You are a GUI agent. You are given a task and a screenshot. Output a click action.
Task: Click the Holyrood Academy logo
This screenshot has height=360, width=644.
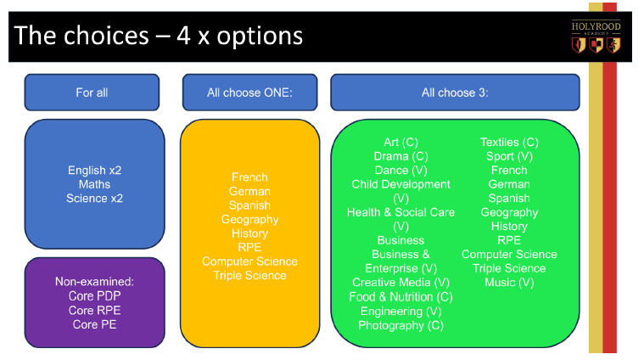click(x=596, y=37)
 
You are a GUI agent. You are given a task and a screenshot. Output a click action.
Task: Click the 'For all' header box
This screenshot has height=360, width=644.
click(x=92, y=93)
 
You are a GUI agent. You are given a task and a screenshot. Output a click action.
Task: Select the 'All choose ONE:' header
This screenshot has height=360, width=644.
click(x=249, y=93)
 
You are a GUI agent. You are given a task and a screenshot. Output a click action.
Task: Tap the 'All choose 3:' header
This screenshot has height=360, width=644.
click(x=455, y=93)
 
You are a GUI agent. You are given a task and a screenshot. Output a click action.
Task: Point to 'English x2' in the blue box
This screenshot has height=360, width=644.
click(x=94, y=170)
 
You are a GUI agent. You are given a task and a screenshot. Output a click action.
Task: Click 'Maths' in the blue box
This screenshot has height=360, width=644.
click(x=94, y=184)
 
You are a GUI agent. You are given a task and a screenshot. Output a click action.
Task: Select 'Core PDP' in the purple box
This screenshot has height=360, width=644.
click(x=94, y=295)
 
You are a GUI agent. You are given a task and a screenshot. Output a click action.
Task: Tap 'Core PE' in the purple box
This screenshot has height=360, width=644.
click(x=94, y=324)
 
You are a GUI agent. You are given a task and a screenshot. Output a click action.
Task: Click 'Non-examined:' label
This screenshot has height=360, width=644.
click(x=94, y=282)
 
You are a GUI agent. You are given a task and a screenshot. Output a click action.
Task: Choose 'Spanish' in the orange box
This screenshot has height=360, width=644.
click(x=249, y=205)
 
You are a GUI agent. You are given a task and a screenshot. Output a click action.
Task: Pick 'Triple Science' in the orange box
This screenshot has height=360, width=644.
click(x=249, y=275)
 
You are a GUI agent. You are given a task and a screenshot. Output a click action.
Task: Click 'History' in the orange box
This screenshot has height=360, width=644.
click(x=249, y=233)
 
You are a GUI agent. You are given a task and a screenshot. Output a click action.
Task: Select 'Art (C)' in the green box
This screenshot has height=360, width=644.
click(x=400, y=142)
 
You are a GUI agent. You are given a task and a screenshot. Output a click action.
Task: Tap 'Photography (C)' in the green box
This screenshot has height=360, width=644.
click(x=400, y=325)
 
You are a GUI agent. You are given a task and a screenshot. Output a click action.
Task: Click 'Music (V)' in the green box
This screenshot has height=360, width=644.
click(x=509, y=283)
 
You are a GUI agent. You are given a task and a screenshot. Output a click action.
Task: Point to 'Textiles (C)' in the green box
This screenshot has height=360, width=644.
click(x=509, y=142)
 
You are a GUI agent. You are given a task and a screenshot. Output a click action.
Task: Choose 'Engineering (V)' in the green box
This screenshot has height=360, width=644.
click(x=400, y=311)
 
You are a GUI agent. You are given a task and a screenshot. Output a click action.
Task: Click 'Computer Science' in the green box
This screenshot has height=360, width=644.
click(x=509, y=255)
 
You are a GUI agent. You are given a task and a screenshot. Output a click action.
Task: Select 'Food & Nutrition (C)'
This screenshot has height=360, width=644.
click(x=400, y=296)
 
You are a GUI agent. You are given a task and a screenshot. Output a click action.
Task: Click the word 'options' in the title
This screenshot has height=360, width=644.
click(x=260, y=37)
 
